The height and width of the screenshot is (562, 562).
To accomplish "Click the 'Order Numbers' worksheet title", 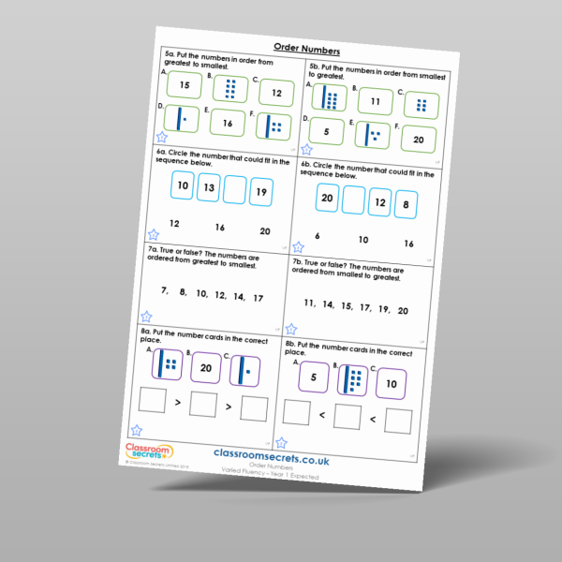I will (306, 49).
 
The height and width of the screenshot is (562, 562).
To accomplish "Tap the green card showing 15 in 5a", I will (185, 86).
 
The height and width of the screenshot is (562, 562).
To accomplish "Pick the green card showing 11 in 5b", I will (375, 103).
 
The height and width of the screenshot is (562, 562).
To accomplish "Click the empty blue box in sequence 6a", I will (235, 191).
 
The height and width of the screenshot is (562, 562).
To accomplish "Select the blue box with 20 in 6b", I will (327, 199).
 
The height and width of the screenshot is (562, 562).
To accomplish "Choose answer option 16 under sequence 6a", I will (220, 228).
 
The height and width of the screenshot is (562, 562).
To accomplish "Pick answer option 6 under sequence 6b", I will (318, 236).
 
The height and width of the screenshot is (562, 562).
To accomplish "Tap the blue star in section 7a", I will (146, 318).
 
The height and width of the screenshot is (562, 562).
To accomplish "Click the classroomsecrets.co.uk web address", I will (271, 451).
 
